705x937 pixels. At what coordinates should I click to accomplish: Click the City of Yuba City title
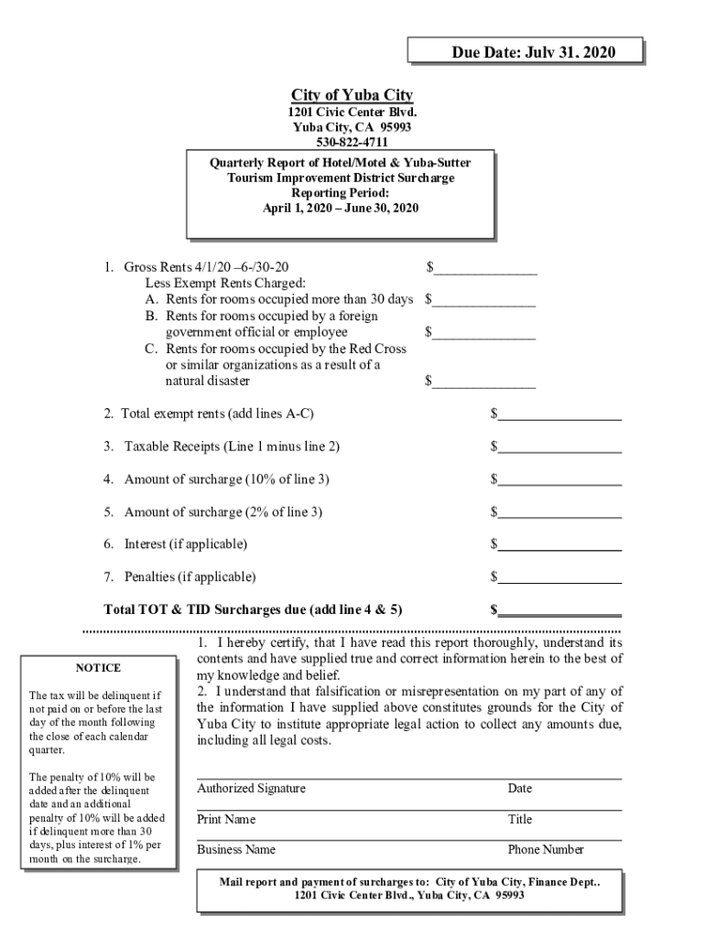pos(352,95)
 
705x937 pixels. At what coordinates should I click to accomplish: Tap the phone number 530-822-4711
pos(352,142)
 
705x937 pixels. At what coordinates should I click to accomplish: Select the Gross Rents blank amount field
pos(485,267)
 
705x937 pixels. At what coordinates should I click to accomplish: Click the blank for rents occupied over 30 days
pos(484,299)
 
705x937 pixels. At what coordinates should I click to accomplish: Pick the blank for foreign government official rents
pos(484,332)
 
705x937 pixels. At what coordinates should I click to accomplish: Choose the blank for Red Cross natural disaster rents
pos(484,381)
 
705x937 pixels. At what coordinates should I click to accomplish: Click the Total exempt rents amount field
pos(559,415)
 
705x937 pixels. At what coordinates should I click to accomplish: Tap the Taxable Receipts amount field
pos(559,447)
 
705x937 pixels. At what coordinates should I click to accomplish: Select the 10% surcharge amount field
pos(559,479)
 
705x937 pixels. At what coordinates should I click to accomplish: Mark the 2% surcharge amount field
pos(559,512)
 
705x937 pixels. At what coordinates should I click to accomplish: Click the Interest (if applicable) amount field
pos(559,544)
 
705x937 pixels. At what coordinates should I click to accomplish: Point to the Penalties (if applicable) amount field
pos(559,576)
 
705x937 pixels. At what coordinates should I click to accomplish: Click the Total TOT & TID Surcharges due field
pos(559,609)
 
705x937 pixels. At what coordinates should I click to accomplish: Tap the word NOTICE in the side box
pos(98,668)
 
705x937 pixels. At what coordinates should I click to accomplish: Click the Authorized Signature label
pos(252,789)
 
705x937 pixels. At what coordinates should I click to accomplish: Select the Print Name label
pos(226,820)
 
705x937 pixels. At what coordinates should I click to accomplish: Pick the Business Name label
pos(236,850)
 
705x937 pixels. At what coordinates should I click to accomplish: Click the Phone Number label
pos(546,850)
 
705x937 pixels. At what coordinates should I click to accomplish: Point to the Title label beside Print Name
pos(520,820)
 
